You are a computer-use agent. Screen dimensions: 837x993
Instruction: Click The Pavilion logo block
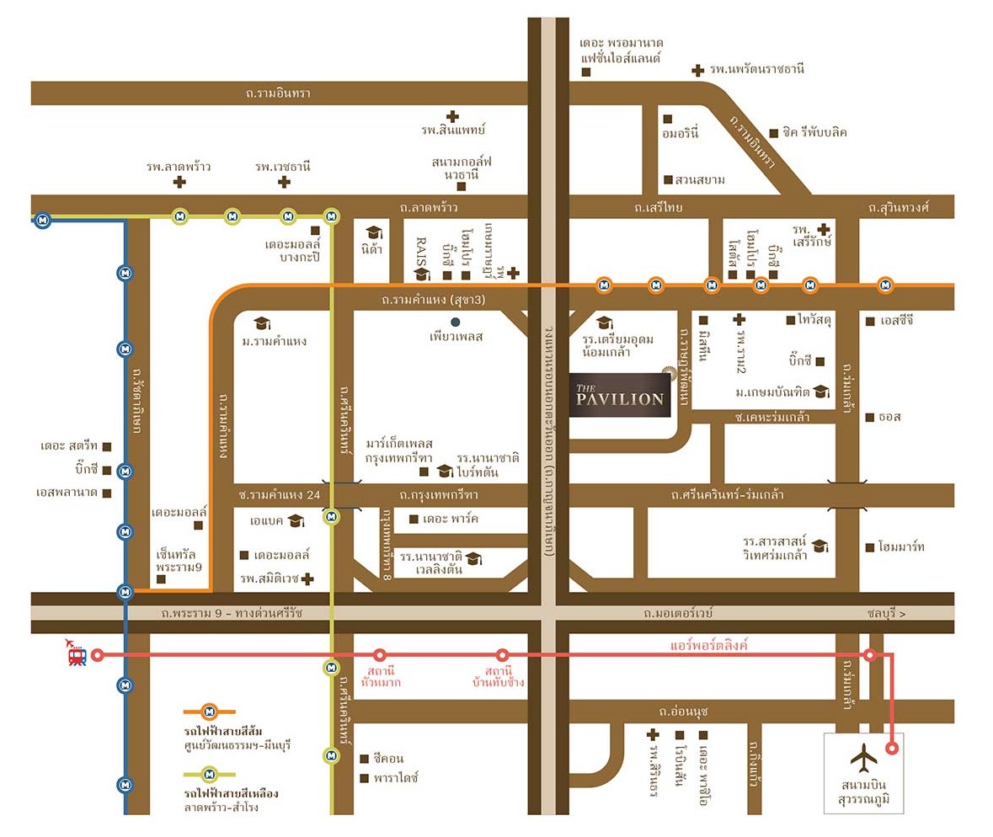click(x=621, y=394)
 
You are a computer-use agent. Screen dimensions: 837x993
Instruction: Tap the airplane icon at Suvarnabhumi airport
click(x=863, y=758)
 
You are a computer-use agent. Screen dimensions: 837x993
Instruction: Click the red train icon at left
click(x=77, y=653)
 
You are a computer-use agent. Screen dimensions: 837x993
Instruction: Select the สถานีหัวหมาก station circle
click(x=380, y=654)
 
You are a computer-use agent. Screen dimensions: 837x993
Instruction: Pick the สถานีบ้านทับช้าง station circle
click(x=502, y=654)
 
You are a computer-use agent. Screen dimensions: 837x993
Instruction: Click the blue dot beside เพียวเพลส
click(x=456, y=322)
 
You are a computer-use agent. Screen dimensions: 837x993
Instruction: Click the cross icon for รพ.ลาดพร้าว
click(x=179, y=182)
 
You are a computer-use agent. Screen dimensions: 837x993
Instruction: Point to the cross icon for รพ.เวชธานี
click(x=284, y=182)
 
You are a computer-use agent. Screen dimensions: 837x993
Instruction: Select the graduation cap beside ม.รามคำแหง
click(x=261, y=323)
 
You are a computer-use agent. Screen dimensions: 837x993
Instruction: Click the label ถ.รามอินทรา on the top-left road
click(x=278, y=93)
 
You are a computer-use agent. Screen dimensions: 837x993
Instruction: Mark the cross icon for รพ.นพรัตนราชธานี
click(x=697, y=71)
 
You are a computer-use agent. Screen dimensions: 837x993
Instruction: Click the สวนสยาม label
click(x=699, y=180)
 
